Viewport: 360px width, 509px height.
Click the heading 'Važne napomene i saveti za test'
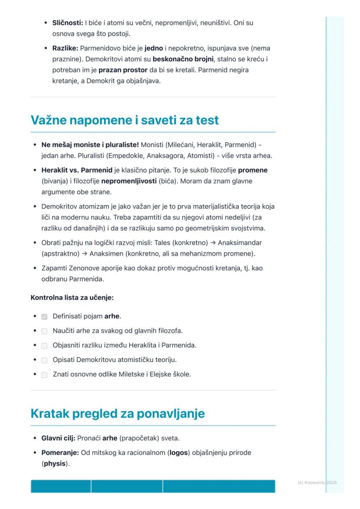(124, 120)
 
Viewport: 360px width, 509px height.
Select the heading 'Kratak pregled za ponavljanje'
(117, 414)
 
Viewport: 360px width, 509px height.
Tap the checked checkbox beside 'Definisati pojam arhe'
(44, 317)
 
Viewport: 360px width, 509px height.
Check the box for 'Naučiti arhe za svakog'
(44, 331)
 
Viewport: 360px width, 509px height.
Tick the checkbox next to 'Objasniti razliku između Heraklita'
(44, 346)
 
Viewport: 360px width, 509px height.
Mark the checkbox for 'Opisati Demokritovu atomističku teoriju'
(44, 360)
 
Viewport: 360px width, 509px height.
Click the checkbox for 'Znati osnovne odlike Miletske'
(44, 375)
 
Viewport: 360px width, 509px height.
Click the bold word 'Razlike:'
(66, 48)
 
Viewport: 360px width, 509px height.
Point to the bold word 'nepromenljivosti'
(129, 181)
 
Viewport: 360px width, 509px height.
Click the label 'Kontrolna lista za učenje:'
(72, 298)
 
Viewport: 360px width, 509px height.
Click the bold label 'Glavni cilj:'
(58, 438)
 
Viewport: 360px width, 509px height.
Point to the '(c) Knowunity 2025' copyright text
(317, 483)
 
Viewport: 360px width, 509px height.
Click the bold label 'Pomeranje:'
(60, 453)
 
